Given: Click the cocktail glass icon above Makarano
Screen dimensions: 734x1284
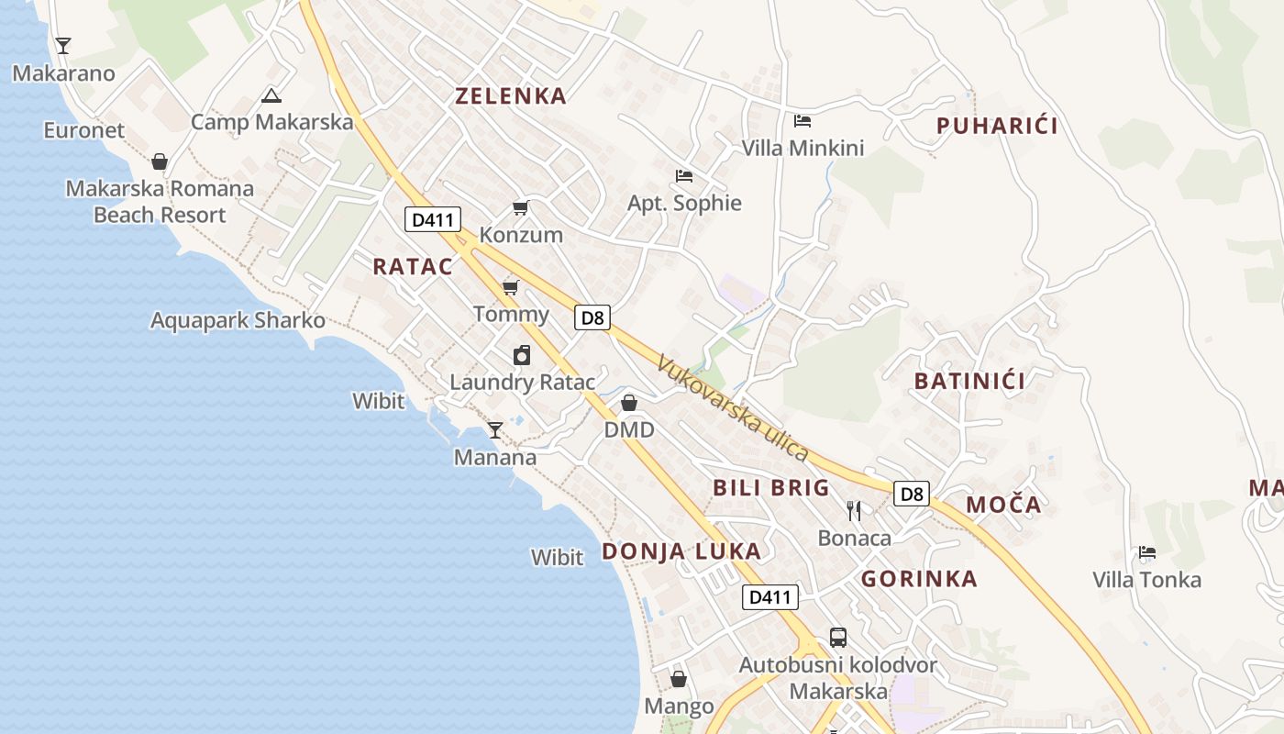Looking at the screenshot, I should point(62,45).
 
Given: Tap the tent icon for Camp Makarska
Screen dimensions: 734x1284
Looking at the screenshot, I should point(271,95).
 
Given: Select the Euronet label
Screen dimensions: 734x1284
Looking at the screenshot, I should point(83,130).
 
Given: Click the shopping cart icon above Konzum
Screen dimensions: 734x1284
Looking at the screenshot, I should point(521,208).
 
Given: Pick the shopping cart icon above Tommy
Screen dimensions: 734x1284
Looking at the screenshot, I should point(511,288).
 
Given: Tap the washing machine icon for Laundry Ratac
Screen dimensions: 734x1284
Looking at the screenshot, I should point(522,355).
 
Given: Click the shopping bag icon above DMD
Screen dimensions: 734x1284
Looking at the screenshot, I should point(629,403).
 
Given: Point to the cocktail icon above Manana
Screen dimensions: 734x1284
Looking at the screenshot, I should point(495,429).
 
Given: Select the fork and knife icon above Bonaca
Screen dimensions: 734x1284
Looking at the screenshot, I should point(854,510).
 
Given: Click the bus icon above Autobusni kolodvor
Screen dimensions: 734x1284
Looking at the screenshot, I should point(837,638).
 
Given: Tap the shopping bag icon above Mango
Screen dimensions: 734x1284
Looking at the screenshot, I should point(679,679).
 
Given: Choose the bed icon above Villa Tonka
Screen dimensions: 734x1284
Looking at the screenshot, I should point(1146,552).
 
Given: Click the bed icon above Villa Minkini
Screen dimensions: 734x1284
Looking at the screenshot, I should point(802,120).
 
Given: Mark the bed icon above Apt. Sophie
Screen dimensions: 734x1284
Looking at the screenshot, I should point(684,176).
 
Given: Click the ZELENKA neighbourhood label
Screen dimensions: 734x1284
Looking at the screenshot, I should point(511,96).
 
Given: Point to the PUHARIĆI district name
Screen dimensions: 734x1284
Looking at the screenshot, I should point(997,127).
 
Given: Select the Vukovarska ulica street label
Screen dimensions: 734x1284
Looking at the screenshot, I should point(732,408).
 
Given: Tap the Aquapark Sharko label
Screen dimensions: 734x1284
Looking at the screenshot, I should point(238,321).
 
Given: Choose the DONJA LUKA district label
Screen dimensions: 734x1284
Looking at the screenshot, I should point(681,551).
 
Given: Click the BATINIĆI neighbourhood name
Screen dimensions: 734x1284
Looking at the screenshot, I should point(969,381).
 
